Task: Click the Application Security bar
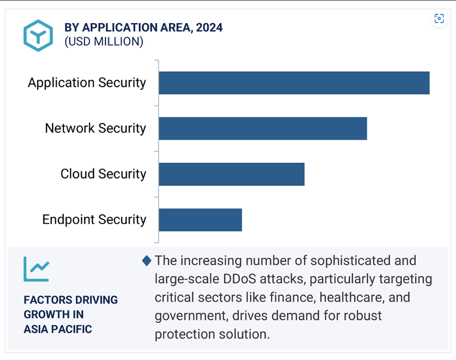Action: pos(294,83)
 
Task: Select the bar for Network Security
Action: pos(263,129)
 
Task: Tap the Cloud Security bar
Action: pos(231,174)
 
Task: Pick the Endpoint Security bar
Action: pos(200,220)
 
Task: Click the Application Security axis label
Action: pos(87,83)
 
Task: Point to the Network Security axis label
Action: pos(96,128)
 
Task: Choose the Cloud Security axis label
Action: pos(103,174)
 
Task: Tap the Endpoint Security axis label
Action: pos(94,219)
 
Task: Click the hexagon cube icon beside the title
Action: pos(38,36)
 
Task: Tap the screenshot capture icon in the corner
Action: pos(439,18)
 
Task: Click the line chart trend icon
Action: pos(36,269)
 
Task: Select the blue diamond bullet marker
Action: pos(147,261)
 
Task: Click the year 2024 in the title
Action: pos(209,28)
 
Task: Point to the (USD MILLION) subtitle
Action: pos(104,42)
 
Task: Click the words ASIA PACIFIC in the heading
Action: pos(58,329)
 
